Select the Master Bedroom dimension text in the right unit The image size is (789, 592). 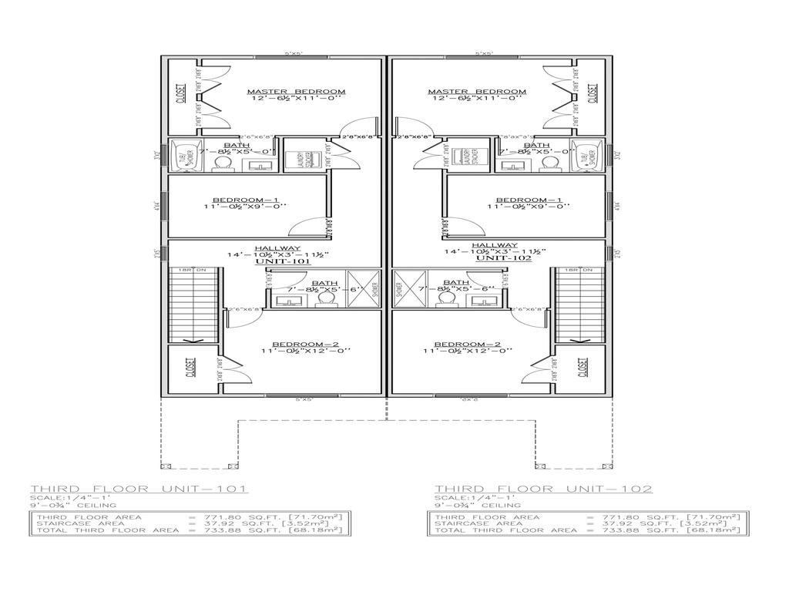click(x=477, y=99)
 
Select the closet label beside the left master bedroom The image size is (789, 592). click(x=181, y=94)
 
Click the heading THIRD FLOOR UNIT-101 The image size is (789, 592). click(x=139, y=489)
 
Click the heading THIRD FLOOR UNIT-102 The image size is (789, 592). click(x=543, y=489)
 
